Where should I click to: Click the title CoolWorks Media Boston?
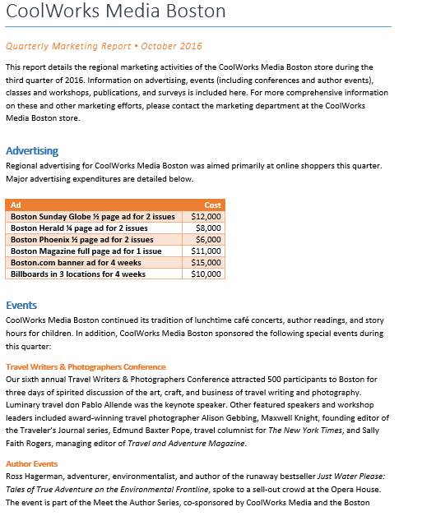[x=115, y=12]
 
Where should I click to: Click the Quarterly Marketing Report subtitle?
[x=104, y=47]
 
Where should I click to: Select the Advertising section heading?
[x=32, y=151]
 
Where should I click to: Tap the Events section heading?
[x=21, y=306]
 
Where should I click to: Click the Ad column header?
[x=16, y=205]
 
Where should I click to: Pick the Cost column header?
[x=212, y=205]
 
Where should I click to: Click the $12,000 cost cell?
[x=206, y=217]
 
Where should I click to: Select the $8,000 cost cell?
[x=208, y=228]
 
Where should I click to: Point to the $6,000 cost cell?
[x=208, y=240]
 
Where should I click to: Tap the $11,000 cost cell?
[x=206, y=251]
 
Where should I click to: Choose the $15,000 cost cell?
[x=206, y=263]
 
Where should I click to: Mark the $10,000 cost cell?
[x=206, y=274]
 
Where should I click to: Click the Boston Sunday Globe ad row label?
[x=93, y=217]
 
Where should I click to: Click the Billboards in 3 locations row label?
[x=78, y=274]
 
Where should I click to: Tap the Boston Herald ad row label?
[x=80, y=228]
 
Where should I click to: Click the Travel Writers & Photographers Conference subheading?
[x=86, y=366]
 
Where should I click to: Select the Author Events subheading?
[x=31, y=464]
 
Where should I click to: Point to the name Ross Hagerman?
[x=35, y=477]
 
